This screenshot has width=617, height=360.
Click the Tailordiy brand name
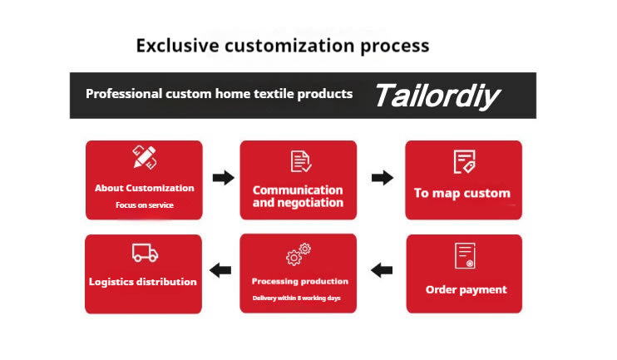tap(437, 95)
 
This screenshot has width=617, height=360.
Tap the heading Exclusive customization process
tap(283, 45)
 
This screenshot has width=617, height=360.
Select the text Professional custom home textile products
tap(219, 94)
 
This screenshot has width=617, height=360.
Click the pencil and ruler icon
tap(145, 158)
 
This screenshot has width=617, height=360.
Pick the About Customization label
tap(145, 188)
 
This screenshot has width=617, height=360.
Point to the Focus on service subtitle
tap(145, 205)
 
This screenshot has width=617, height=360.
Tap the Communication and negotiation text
tap(298, 196)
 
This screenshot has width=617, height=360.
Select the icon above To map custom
tap(463, 161)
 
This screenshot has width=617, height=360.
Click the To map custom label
tap(462, 193)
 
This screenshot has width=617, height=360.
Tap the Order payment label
tap(466, 289)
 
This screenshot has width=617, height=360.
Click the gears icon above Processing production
tap(299, 253)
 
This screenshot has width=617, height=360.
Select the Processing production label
tap(299, 281)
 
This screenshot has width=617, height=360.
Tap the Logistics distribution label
tap(143, 282)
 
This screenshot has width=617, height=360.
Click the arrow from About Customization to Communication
tap(223, 178)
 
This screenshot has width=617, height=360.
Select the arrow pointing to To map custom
tap(382, 178)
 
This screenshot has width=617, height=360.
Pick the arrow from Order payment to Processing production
tap(381, 270)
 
